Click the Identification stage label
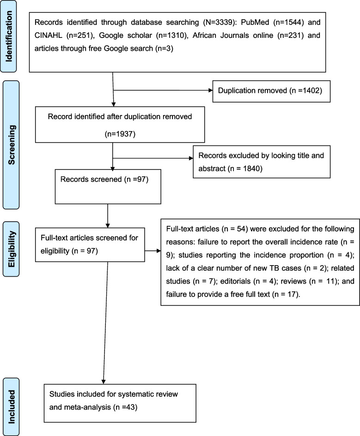pyautogui.click(x=9, y=36)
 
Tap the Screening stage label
pyautogui.click(x=11, y=145)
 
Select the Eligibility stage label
pyautogui.click(x=11, y=249)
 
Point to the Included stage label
pyautogui.click(x=11, y=406)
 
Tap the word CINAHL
pyautogui.click(x=48, y=35)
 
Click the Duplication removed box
pyautogui.click(x=271, y=91)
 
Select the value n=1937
pyautogui.click(x=120, y=134)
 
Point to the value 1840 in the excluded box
pyautogui.click(x=253, y=169)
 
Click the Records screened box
pyautogui.click(x=108, y=187)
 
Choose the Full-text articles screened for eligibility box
pyautogui.click(x=90, y=245)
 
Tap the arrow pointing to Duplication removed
pyautogui.click(x=163, y=90)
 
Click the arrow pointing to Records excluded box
pyautogui.click(x=153, y=158)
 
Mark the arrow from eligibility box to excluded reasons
pyautogui.click(x=153, y=251)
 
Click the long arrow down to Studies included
pyautogui.click(x=105, y=323)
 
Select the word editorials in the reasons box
pyautogui.click(x=235, y=281)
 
